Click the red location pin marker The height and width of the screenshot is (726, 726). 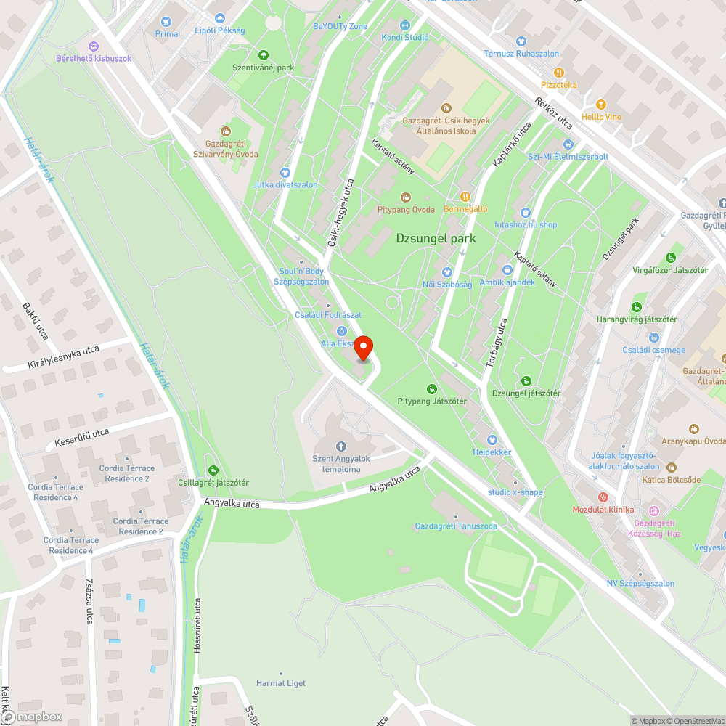tap(363, 348)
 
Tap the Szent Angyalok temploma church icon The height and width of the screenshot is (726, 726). tap(340, 446)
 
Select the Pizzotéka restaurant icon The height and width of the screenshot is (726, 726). tap(558, 73)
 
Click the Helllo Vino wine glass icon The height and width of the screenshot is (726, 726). tap(600, 104)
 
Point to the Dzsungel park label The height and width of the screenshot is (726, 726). tap(436, 238)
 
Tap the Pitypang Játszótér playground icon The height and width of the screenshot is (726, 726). tap(432, 389)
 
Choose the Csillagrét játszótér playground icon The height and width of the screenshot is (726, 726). tap(213, 470)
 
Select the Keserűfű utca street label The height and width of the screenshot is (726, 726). tap(82, 437)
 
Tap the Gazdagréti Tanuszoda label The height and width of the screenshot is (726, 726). tap(456, 526)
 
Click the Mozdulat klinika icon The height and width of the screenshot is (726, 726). tap(602, 497)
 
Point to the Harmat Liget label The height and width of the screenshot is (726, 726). tap(281, 683)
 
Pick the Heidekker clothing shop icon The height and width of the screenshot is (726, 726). tap(492, 439)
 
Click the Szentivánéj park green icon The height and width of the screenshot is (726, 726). tap(263, 54)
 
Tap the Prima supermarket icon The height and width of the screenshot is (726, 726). tap(166, 23)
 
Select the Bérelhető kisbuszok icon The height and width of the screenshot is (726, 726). tap(93, 46)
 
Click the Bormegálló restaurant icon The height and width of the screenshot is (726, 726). tap(465, 196)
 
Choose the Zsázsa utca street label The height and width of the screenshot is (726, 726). tap(89, 606)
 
